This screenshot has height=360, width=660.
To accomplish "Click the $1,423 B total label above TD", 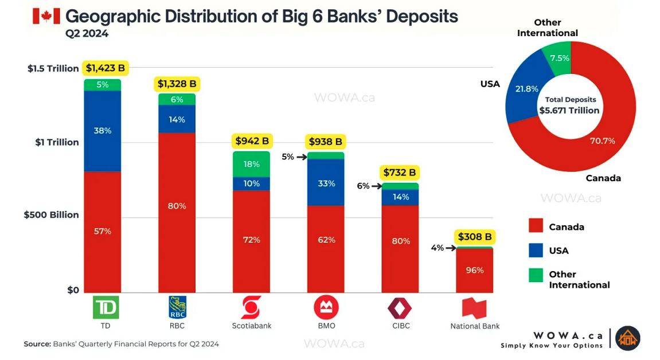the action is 106,68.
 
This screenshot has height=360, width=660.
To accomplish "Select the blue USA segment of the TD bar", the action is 102,131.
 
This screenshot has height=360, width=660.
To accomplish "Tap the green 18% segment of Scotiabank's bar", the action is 251,165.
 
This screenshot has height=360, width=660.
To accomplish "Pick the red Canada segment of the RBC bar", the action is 177,213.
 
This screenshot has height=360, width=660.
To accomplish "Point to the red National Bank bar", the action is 474,271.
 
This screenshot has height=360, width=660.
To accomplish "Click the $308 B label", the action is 475,237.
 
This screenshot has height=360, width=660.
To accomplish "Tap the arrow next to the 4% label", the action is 451,248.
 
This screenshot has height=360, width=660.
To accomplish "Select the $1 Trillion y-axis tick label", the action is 57,142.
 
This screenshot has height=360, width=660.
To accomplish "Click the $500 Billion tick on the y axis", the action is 52,215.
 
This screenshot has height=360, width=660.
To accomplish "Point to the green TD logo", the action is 106,307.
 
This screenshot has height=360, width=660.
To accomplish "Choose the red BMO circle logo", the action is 326,307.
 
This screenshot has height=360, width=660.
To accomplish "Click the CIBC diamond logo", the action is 400,308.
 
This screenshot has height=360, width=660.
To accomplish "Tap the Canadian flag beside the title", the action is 46,17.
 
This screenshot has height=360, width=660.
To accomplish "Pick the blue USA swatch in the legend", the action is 536,251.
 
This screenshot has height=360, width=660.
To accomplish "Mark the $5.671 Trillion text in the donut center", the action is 569,111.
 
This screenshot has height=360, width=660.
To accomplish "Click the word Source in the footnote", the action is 37,344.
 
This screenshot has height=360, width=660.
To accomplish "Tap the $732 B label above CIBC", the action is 400,173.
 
